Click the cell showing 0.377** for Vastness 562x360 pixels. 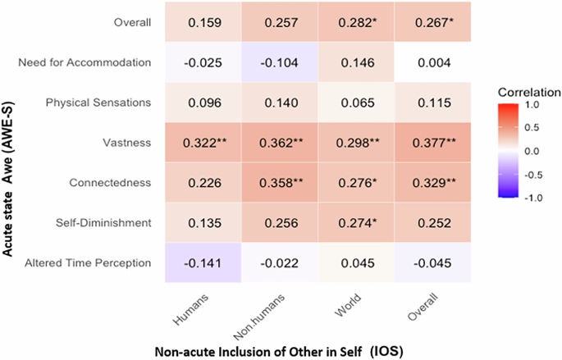click(x=432, y=142)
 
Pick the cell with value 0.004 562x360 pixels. click(x=432, y=62)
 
